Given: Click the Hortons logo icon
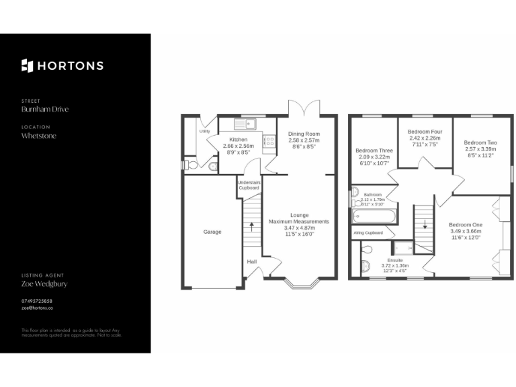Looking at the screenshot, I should point(27,65).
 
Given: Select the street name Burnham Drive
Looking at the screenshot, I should point(45,110).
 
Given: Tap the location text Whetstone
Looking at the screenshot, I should point(39,136).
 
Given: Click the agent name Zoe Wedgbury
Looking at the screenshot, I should point(44,284).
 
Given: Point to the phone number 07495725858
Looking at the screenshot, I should point(37,301).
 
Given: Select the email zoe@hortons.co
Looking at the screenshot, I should point(37,308).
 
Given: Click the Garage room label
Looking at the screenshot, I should point(212,232).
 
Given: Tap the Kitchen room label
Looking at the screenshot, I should point(238,139).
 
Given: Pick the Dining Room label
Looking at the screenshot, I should point(304,134).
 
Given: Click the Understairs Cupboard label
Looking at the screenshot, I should point(249,185).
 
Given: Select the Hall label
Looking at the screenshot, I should point(251,261).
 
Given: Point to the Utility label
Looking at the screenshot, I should point(204,131).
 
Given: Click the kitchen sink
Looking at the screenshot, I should point(246,123).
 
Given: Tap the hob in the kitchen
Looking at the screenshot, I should point(269,141).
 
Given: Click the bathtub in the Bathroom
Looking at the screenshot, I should point(374,216).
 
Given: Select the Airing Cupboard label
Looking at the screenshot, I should point(368,233).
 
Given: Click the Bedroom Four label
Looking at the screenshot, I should point(425,133).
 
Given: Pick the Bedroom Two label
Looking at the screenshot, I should point(480,142).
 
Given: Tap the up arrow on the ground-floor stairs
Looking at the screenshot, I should point(252,226).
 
